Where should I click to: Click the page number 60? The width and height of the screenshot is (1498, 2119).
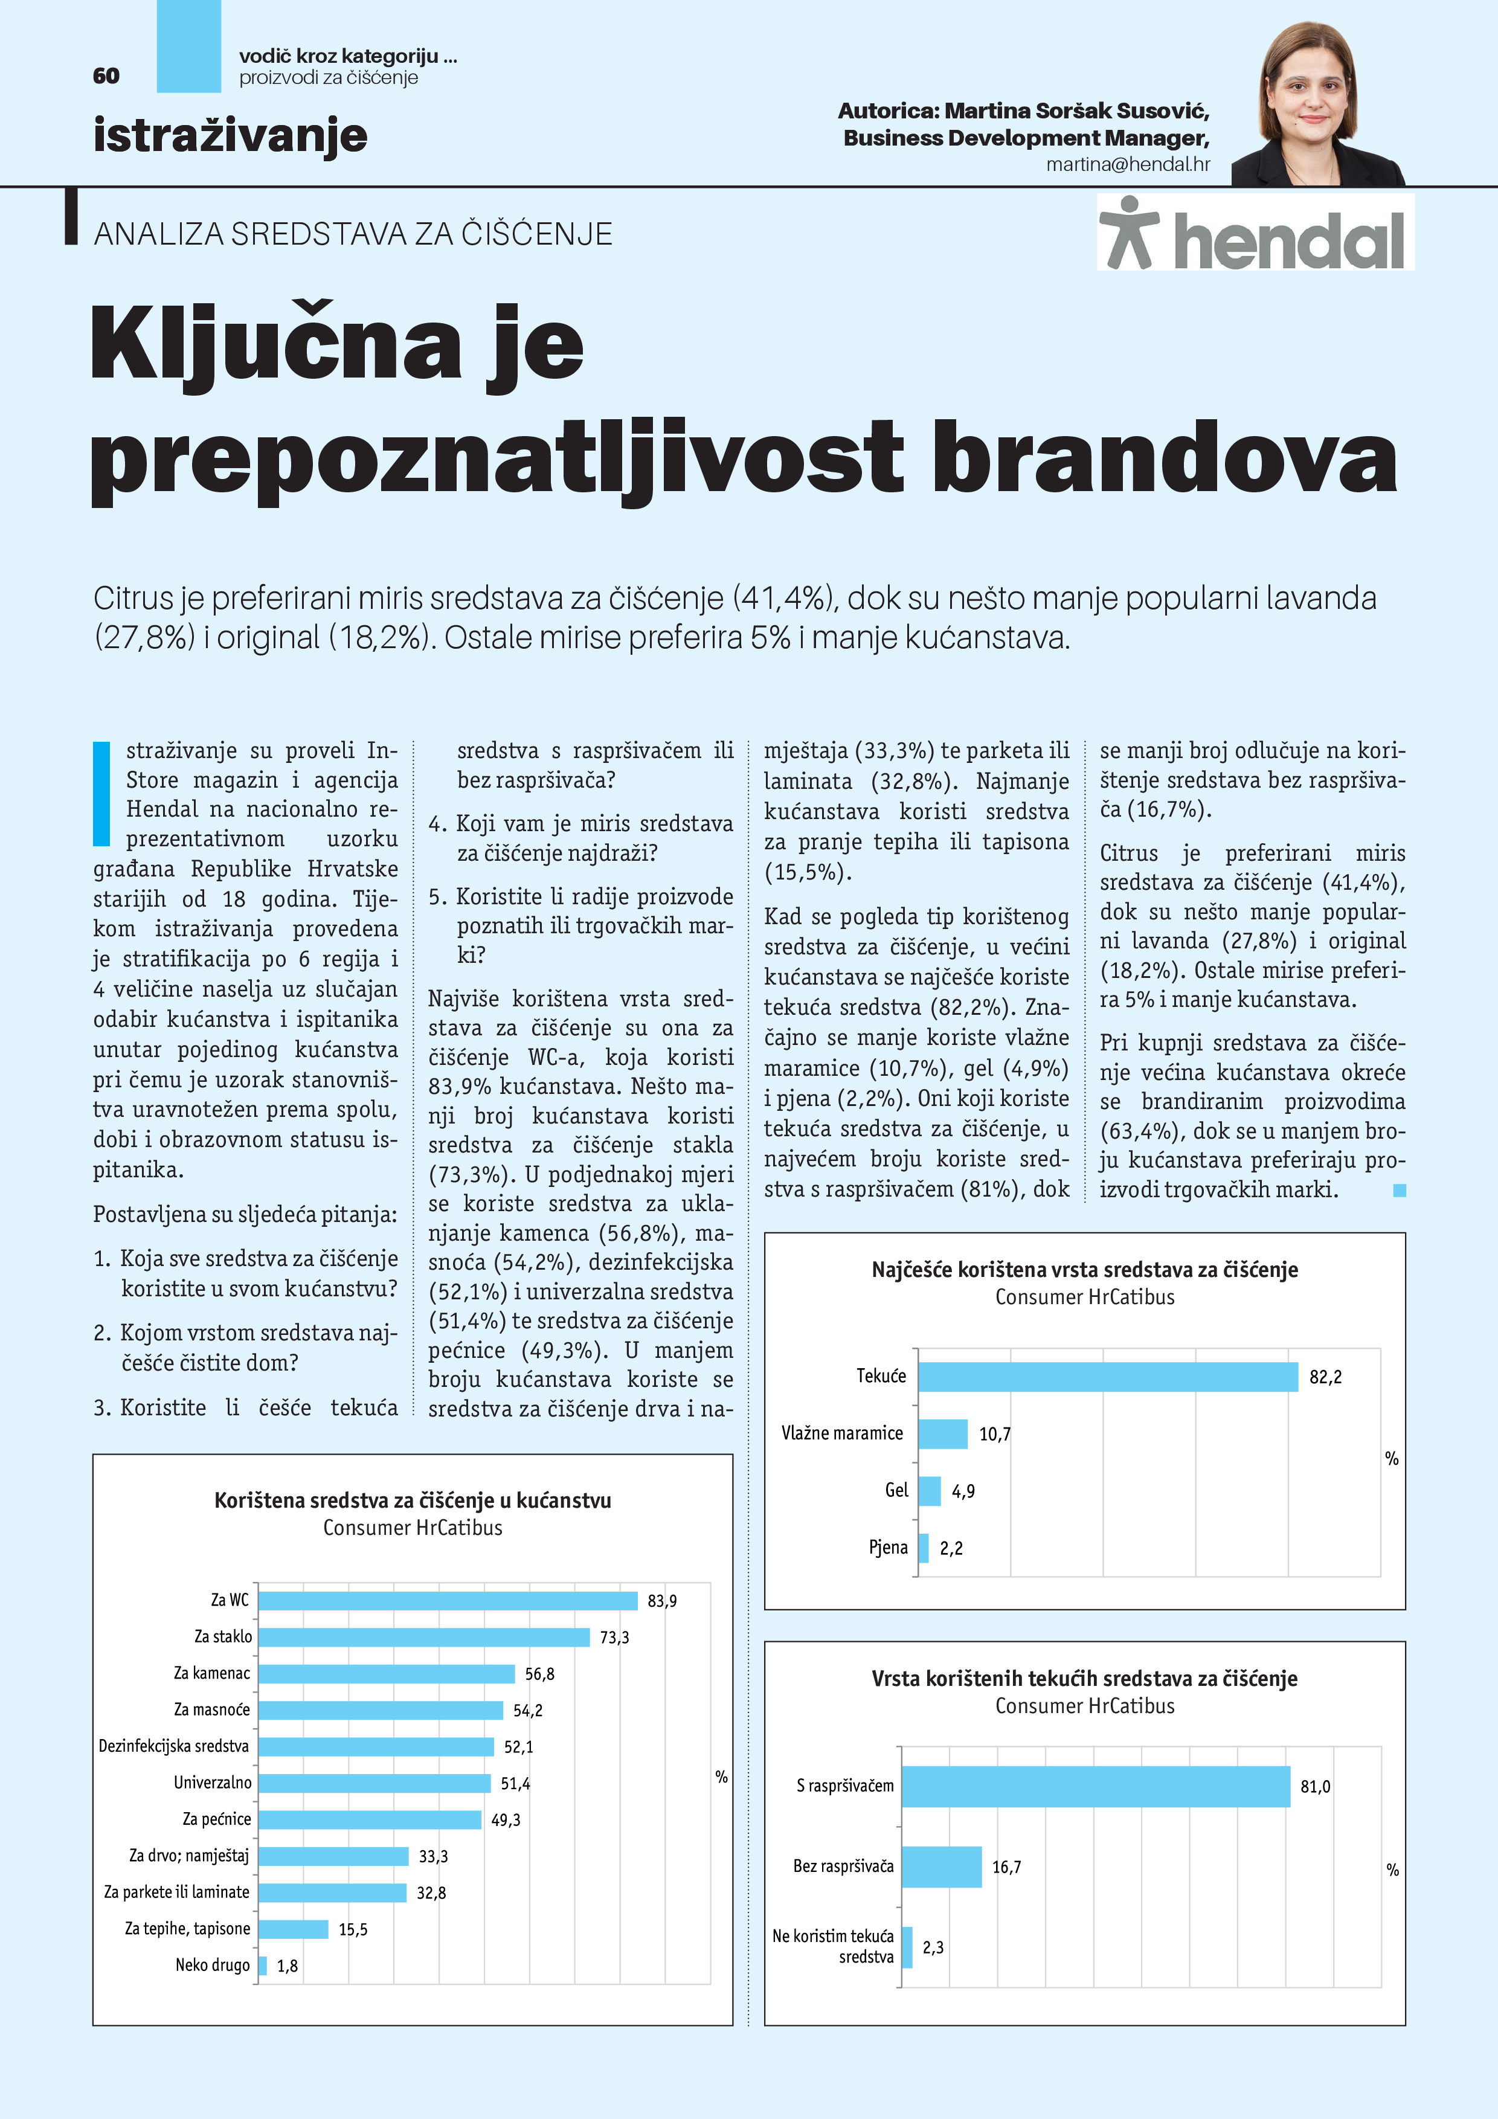coord(106,76)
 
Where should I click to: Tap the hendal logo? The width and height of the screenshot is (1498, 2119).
coord(1255,233)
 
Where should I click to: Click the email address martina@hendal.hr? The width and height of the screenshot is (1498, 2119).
coord(1127,164)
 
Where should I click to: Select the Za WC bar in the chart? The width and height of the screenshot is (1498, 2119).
coord(448,1600)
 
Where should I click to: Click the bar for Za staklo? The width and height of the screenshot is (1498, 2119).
coord(423,1637)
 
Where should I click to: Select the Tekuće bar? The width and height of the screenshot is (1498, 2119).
coord(1108,1377)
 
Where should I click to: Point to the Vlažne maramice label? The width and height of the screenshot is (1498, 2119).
coord(842,1433)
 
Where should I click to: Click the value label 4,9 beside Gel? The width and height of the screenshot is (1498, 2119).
coord(963,1491)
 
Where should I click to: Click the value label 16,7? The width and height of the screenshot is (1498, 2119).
coord(1006,1868)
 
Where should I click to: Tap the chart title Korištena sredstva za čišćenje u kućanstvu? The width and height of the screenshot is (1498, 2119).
coord(413,1500)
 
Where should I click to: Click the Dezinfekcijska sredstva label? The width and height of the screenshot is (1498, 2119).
coord(173,1746)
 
